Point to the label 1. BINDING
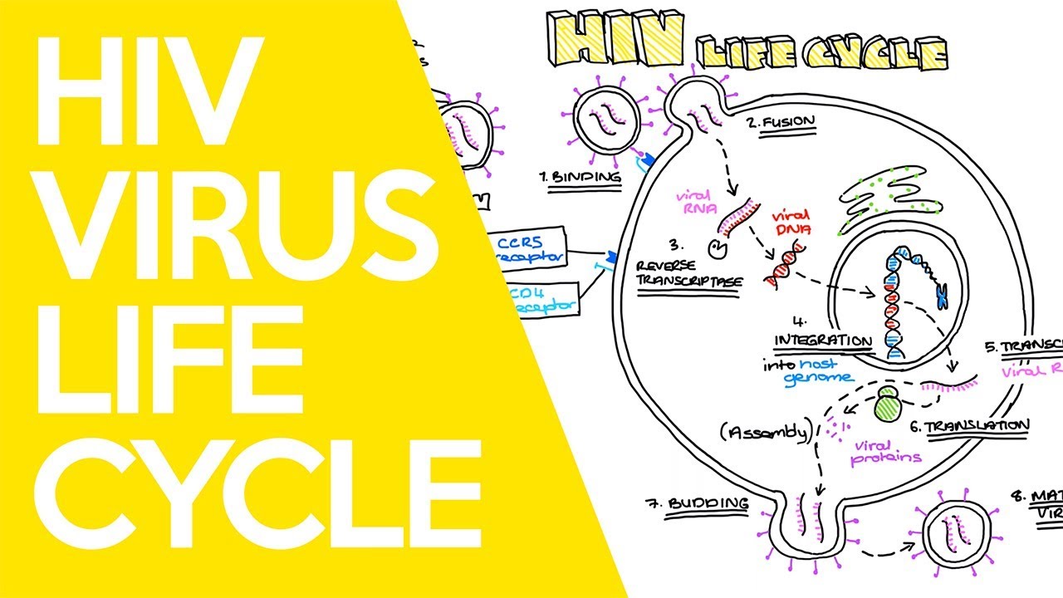pyautogui.click(x=580, y=177)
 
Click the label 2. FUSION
pyautogui.click(x=780, y=123)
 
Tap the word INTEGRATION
pyautogui.click(x=823, y=341)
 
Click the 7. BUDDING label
pyautogui.click(x=697, y=503)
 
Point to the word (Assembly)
pyautogui.click(x=765, y=431)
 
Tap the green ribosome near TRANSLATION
pyautogui.click(x=889, y=407)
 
